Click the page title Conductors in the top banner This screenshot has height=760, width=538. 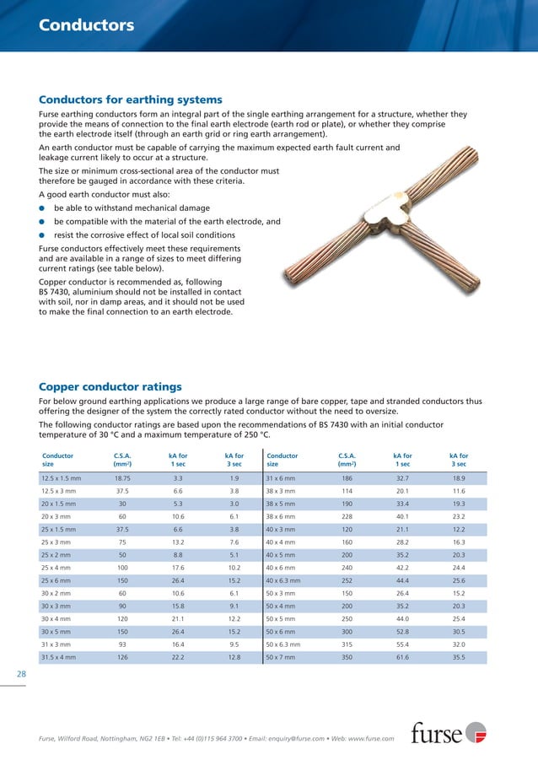pos(86,25)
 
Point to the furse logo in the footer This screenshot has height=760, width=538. pos(449,732)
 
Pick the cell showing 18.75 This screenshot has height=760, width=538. pos(121,477)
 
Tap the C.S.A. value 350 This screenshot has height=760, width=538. pos(346,656)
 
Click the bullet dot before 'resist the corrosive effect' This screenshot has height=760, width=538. pos(42,234)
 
